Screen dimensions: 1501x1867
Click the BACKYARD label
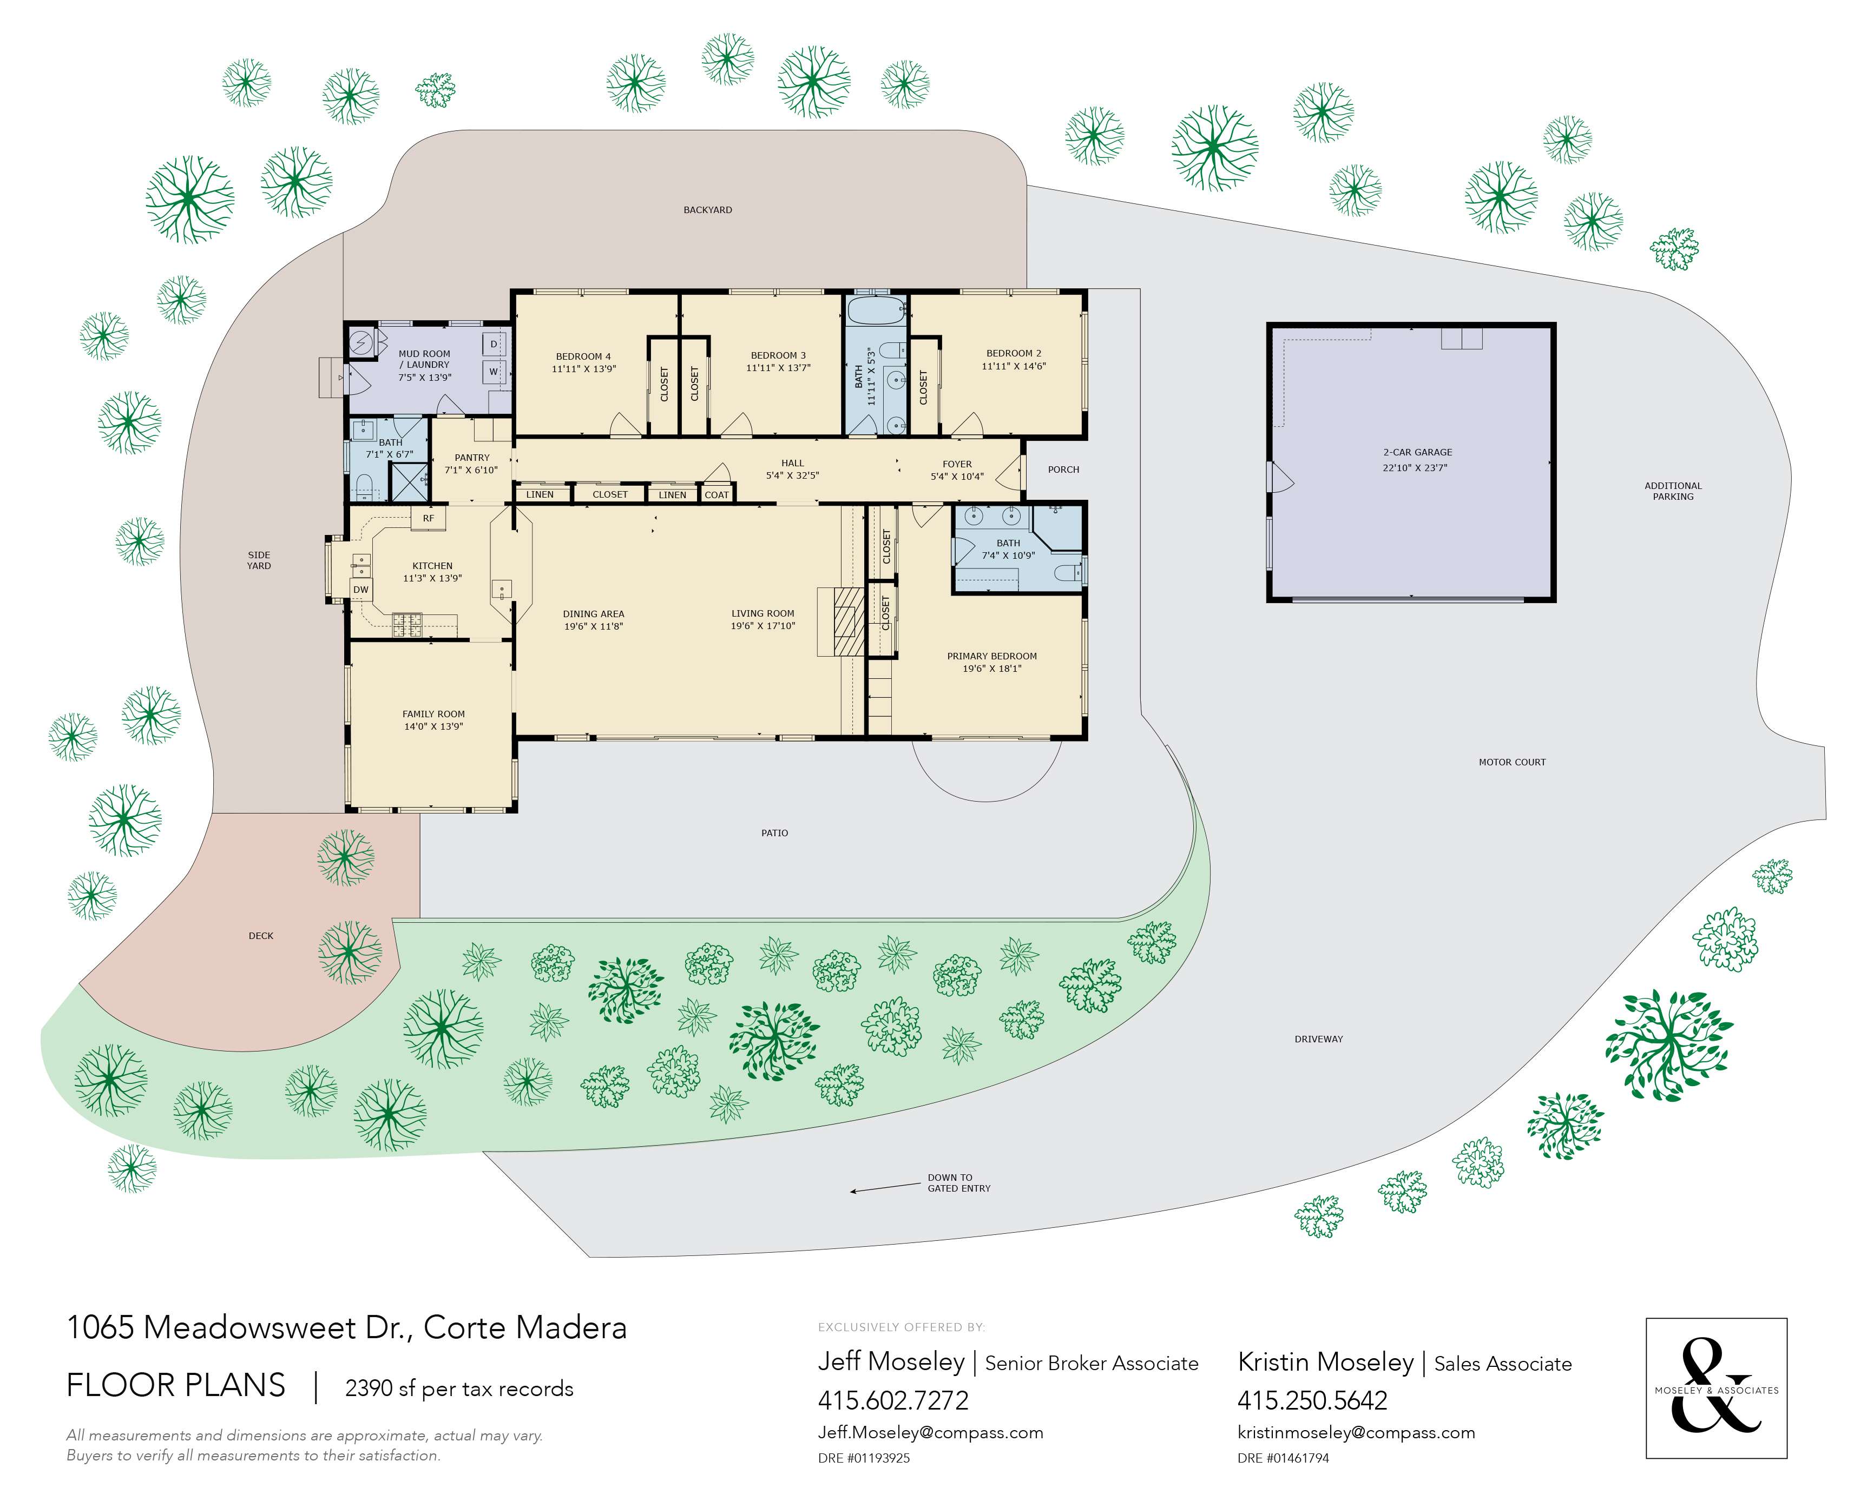pos(707,209)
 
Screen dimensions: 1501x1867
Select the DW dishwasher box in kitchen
pos(361,590)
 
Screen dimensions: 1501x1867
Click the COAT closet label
pos(717,495)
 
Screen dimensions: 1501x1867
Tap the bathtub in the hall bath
pos(875,312)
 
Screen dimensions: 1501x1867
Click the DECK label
pos(261,936)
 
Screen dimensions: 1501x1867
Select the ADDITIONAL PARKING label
pos(1672,491)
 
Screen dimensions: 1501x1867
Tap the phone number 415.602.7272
pos(893,1400)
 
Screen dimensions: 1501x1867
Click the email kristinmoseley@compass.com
pos(1356,1433)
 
